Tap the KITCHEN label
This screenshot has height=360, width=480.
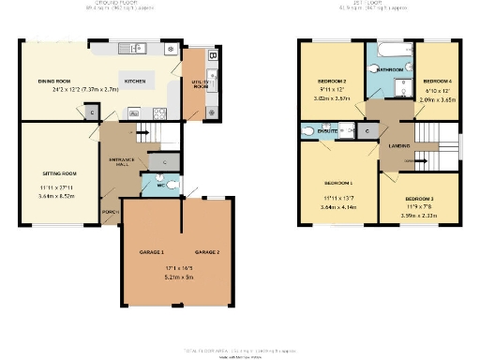tap(135, 82)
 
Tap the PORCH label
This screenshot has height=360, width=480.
tap(110, 211)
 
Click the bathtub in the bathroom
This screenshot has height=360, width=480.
tap(389, 51)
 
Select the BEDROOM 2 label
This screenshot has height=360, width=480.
tap(333, 82)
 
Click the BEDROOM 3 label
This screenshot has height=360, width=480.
tap(420, 200)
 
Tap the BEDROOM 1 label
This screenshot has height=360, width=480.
tap(338, 182)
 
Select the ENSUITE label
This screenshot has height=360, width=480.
tap(327, 133)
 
